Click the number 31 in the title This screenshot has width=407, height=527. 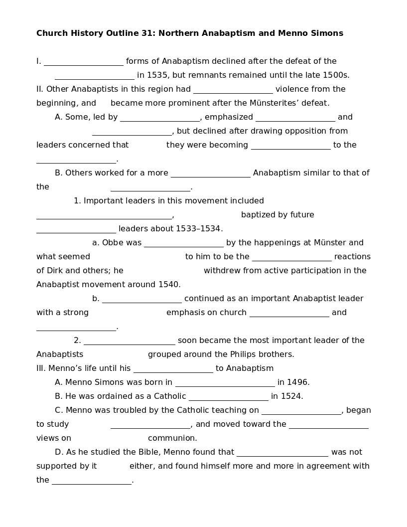pyautogui.click(x=149, y=33)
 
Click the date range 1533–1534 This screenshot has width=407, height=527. pyautogui.click(x=198, y=229)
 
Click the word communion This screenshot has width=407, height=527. pyautogui.click(x=172, y=438)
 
